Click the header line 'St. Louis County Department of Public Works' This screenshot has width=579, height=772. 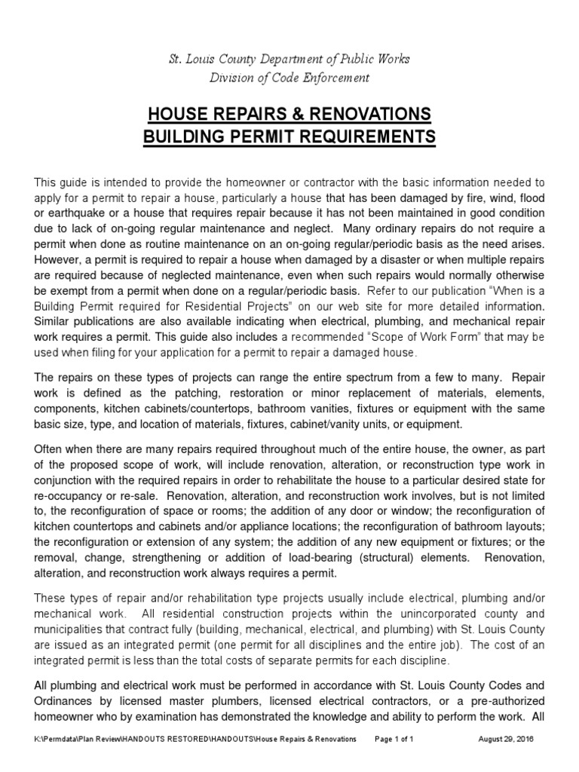[x=289, y=60]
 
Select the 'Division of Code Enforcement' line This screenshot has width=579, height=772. [x=289, y=77]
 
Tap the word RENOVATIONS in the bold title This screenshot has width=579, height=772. [x=364, y=114]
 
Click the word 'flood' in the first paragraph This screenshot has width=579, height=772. [x=529, y=198]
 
